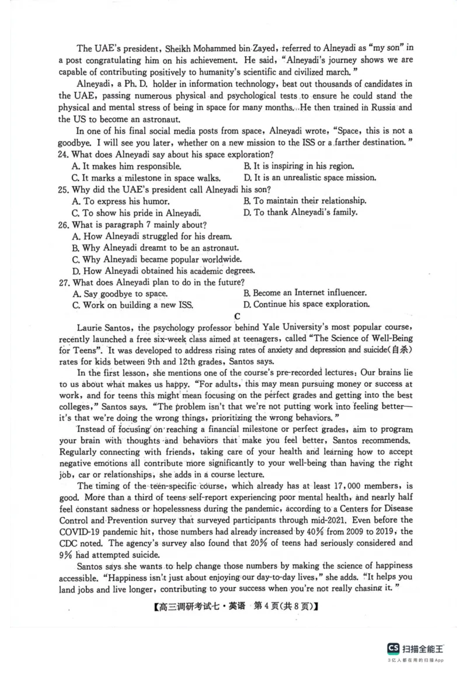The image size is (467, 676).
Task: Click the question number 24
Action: pos(64,155)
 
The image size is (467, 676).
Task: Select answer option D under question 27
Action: pos(306,304)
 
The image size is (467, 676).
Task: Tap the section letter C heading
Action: pos(237,316)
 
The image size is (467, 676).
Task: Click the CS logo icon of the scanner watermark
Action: pos(393,649)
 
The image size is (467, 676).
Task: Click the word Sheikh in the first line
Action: pos(172,48)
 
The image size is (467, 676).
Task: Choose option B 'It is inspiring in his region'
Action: pos(298,166)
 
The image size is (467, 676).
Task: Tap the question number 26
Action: pos(64,225)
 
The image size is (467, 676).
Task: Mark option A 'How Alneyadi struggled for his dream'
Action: pos(151,236)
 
